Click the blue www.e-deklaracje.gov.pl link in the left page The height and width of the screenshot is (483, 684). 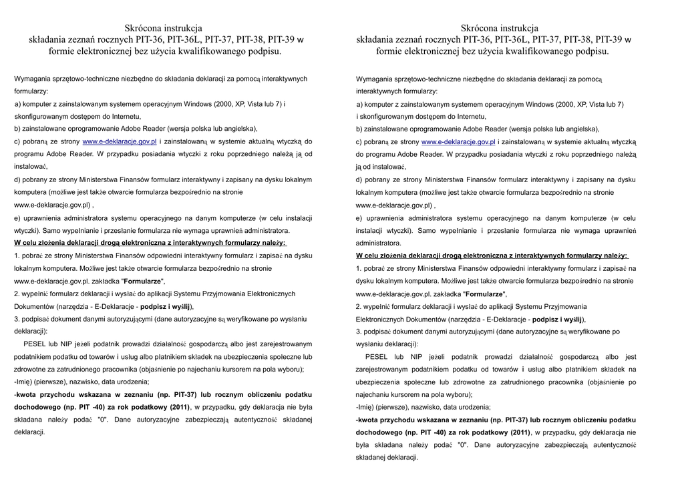point(120,141)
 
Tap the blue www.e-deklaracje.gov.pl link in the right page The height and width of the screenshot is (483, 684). point(458,141)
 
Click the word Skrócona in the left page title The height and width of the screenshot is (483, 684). point(144,28)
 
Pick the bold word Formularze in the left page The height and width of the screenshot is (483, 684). point(142,281)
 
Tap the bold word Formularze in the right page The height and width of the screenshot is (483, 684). point(484,294)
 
